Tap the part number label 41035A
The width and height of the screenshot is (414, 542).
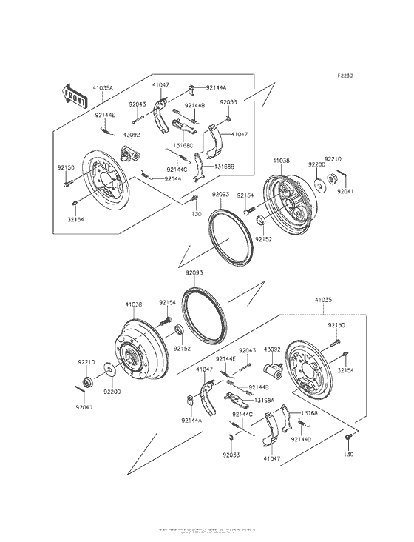(x=103, y=87)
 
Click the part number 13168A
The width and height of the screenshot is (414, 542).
(x=265, y=400)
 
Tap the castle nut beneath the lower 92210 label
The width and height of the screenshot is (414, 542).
(x=86, y=382)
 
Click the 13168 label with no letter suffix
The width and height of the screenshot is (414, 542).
(x=308, y=414)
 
